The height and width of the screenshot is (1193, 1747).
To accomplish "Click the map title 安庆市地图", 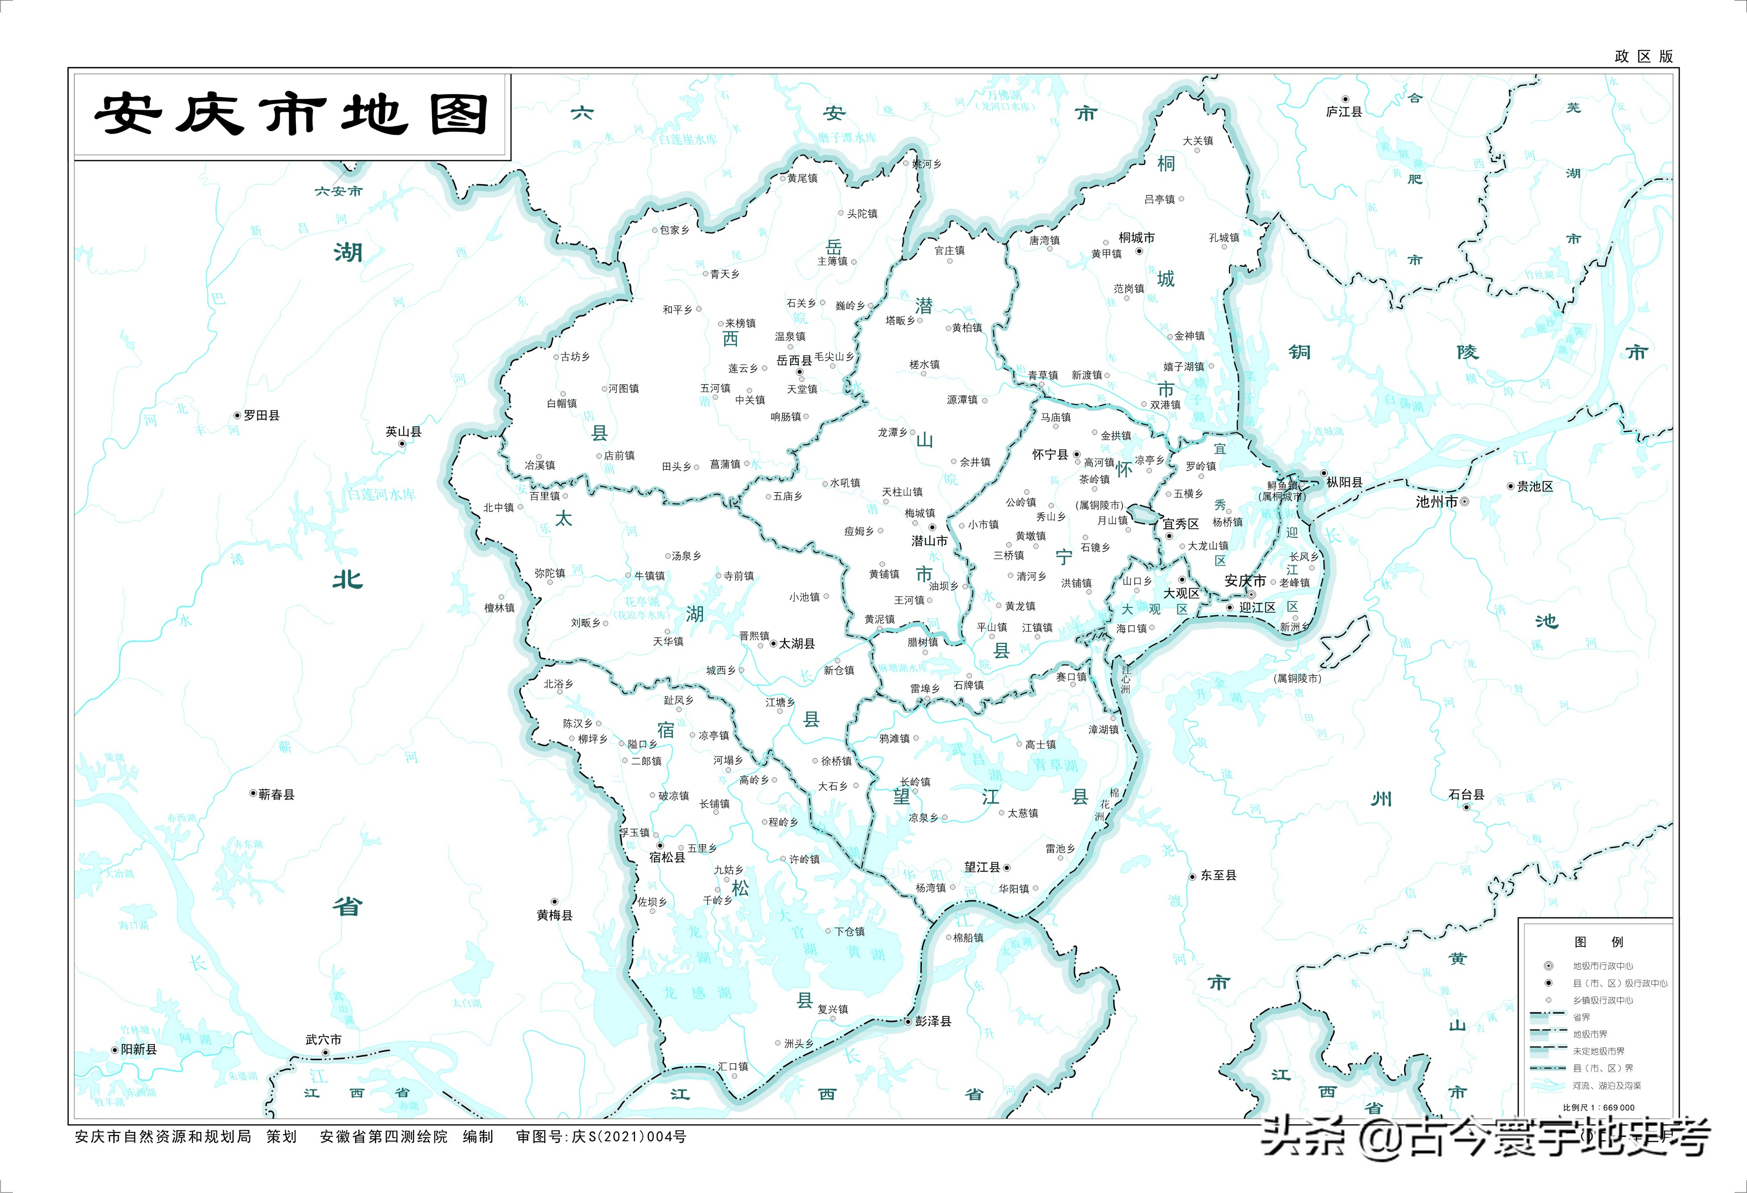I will point(292,115).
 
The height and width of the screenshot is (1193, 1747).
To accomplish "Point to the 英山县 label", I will point(404,432).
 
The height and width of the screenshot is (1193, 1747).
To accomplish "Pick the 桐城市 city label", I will point(1136,238).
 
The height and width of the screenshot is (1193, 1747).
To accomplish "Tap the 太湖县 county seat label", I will point(797,644).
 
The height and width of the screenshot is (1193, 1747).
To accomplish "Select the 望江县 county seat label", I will point(983,867).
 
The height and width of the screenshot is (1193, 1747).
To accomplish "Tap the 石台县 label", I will point(1466,795).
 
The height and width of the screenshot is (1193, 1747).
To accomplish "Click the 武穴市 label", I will point(324,1040).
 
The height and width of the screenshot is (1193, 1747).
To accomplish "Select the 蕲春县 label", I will point(276,795).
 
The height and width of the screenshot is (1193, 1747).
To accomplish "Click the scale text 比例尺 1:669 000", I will point(1598,1107).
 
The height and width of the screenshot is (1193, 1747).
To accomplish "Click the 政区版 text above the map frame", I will point(1643,56).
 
